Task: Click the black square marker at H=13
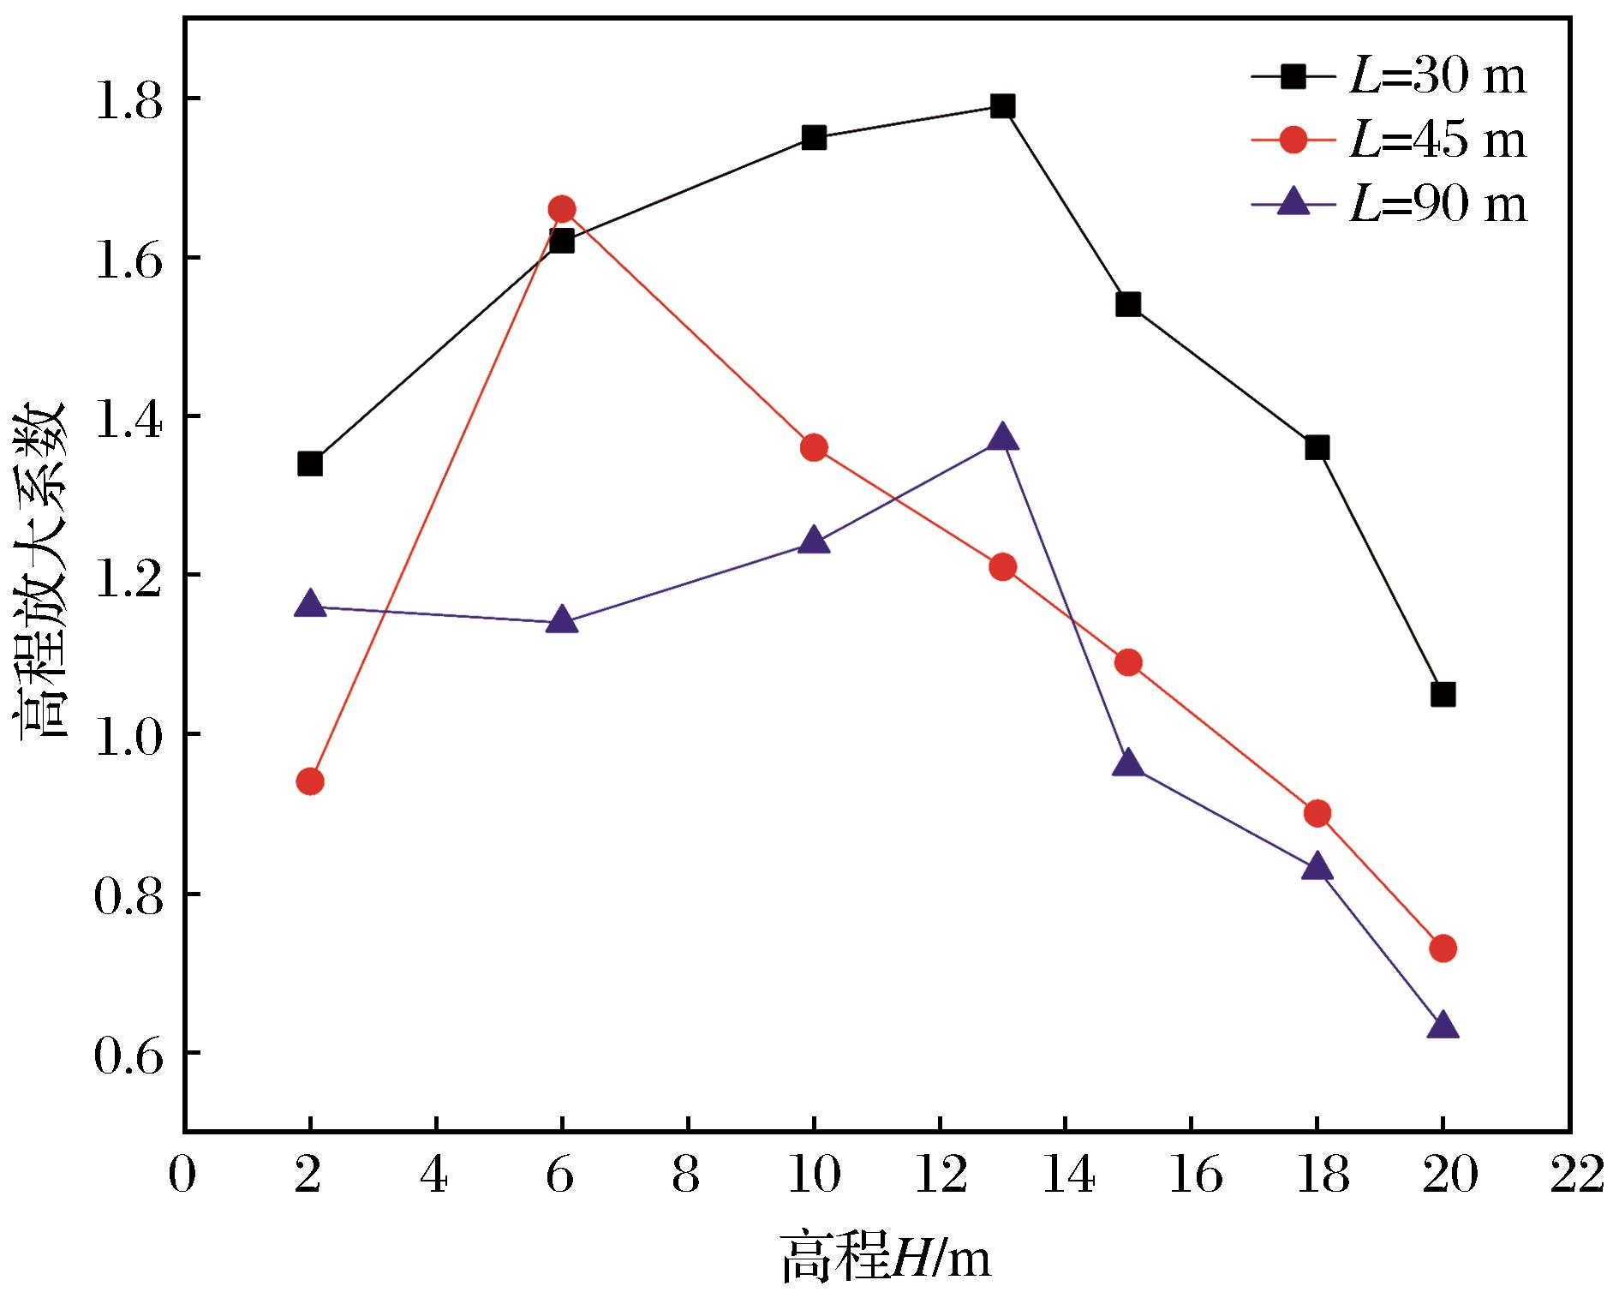tap(1002, 106)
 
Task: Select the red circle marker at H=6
tap(562, 209)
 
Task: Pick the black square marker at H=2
tap(310, 464)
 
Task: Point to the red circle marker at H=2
tap(310, 781)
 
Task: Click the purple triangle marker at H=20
tap(1443, 1026)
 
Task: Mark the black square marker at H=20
tap(1443, 694)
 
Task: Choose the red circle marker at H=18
tap(1317, 813)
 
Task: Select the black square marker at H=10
tap(814, 138)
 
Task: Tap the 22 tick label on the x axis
tap(1569, 1175)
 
